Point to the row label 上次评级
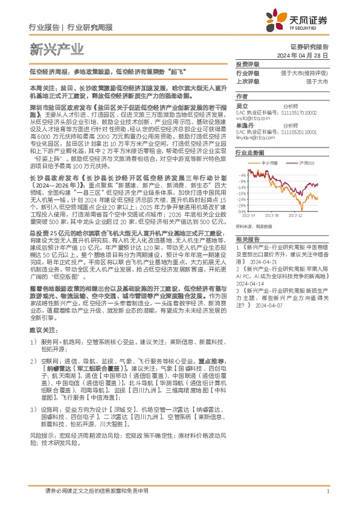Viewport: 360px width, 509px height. pyautogui.click(x=248, y=80)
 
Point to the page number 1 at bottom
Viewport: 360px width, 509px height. pyautogui.click(x=327, y=491)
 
